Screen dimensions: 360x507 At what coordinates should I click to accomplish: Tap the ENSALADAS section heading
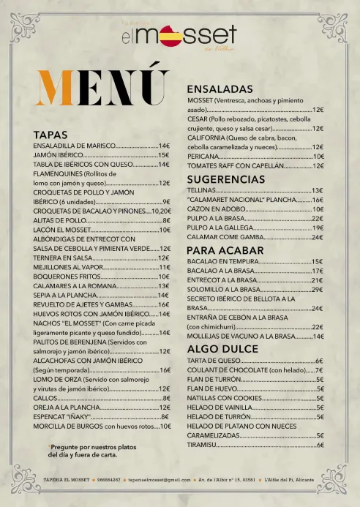point(220,89)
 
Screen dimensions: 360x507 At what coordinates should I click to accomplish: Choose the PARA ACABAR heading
point(220,250)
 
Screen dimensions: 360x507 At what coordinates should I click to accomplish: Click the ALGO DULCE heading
point(218,349)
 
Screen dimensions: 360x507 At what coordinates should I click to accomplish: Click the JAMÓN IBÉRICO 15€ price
point(163,155)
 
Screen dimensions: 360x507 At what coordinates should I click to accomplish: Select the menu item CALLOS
point(45,398)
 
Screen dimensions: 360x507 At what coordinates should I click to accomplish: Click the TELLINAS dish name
point(201,190)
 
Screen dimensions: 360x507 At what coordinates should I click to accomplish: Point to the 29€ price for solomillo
point(318,290)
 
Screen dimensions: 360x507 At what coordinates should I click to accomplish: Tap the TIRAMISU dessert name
point(201,445)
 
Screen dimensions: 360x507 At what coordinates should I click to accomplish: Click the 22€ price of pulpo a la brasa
point(318,218)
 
